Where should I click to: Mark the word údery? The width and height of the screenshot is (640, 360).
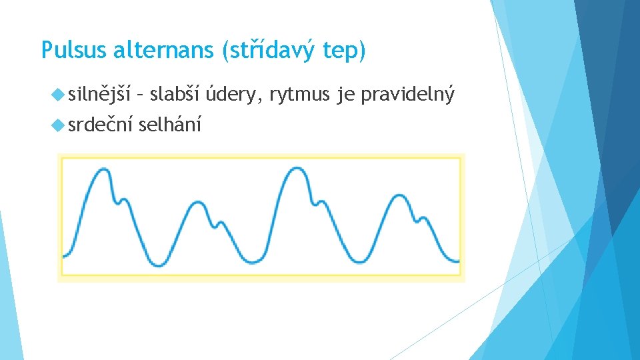point(233,95)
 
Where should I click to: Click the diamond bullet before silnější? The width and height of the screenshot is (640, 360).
point(58,96)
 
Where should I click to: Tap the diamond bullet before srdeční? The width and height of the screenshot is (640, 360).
point(58,125)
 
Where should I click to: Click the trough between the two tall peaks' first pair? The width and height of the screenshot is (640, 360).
point(159,263)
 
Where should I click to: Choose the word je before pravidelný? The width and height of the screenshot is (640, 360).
point(345,95)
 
